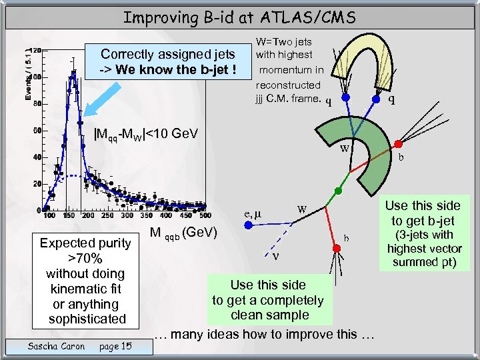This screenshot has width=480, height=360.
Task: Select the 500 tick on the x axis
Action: [x=204, y=216]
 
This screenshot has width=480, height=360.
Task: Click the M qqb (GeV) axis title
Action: [x=181, y=233]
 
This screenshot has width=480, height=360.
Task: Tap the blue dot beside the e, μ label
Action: [x=249, y=226]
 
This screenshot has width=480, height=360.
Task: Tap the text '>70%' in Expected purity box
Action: [x=85, y=258]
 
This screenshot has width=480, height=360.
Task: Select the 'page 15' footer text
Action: [x=114, y=346]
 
